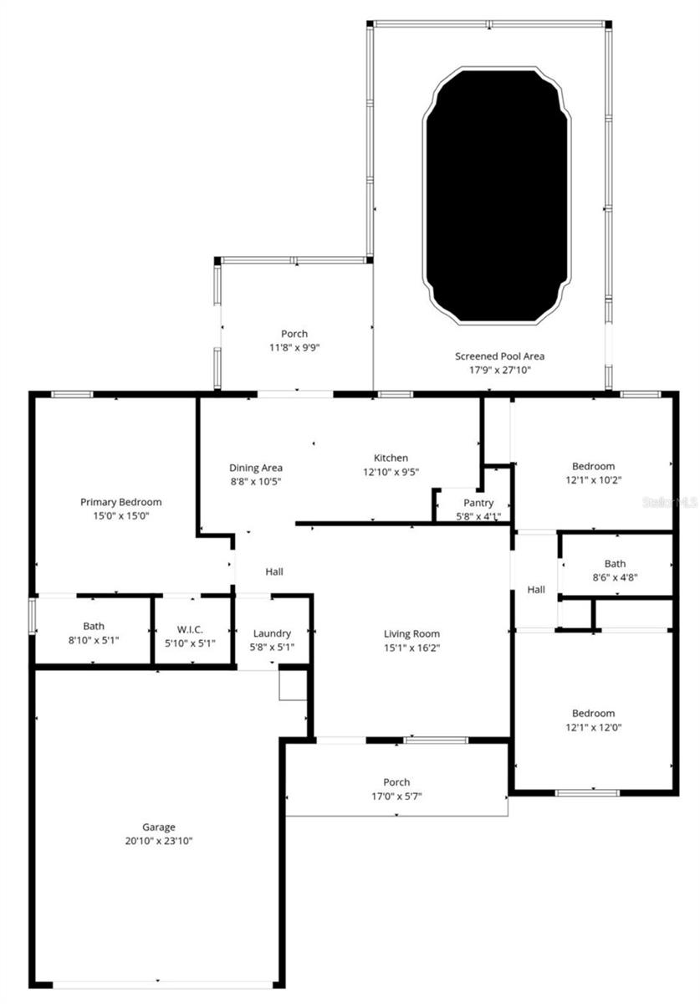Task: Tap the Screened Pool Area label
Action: [499, 356]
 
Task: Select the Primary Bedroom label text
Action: [120, 502]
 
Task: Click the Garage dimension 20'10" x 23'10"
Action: [158, 840]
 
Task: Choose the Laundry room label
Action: [271, 633]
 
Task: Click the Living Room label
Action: [411, 633]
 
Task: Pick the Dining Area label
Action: [256, 468]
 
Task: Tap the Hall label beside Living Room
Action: [274, 571]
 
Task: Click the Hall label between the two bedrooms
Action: [536, 589]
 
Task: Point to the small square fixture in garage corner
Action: [293, 684]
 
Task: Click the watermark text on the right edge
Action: [669, 503]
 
